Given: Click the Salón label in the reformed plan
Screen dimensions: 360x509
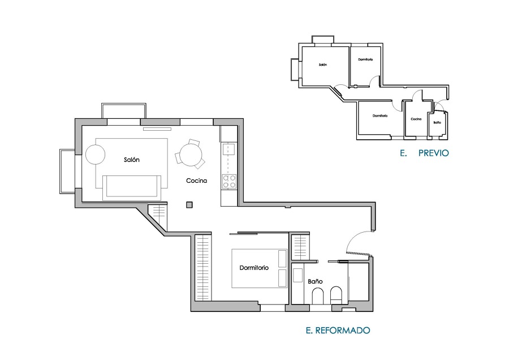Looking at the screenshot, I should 132,160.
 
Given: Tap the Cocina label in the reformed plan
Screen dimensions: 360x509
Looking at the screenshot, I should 197,181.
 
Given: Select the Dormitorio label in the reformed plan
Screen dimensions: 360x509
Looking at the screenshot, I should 254,268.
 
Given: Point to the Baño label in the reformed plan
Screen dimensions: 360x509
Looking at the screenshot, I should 315,281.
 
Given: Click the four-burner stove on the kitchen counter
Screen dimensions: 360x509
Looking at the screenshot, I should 229,182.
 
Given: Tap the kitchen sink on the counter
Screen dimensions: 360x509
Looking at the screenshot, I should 228,149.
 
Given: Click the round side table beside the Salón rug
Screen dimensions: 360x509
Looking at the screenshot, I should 95,155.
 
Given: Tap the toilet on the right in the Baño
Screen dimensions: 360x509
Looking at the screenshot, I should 337,294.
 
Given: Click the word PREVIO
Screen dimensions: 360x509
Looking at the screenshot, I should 433,153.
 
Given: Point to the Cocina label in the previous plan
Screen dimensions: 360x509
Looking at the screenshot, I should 416,119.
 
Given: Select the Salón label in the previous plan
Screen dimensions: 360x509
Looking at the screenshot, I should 322,65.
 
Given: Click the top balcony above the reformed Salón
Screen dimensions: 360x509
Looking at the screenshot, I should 124,110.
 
